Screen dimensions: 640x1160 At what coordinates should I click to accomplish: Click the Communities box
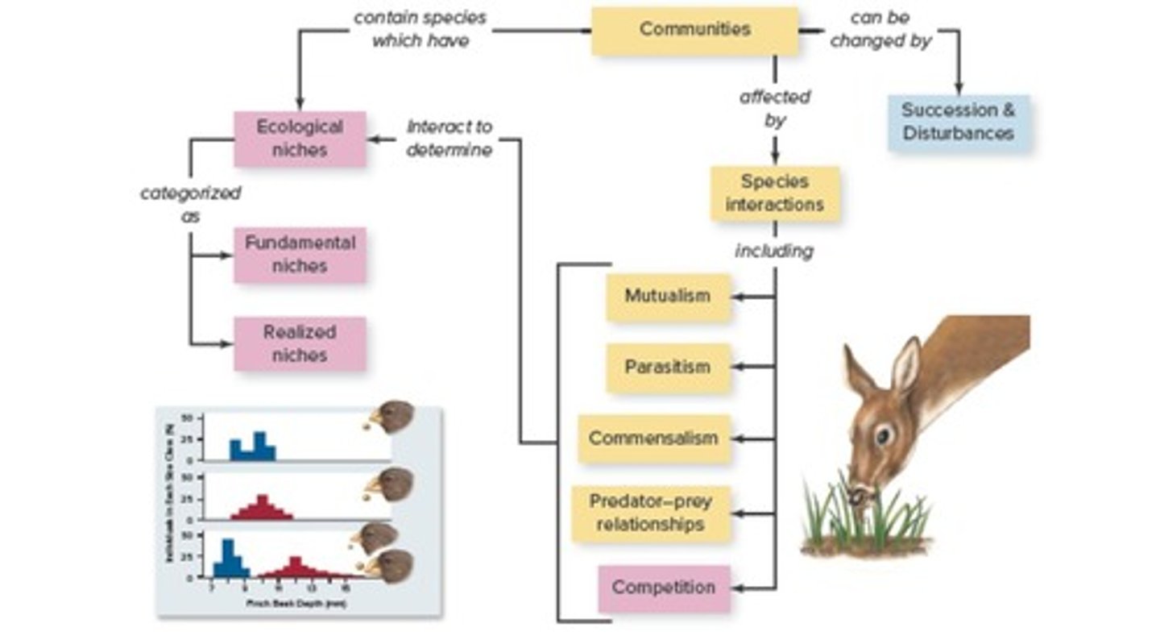pos(694,31)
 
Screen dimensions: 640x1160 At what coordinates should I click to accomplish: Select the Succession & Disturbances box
pos(958,123)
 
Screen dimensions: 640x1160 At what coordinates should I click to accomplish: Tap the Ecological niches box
pos(300,139)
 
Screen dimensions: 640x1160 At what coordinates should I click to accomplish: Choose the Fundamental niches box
pos(300,255)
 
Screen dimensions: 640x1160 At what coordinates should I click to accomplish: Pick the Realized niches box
pos(300,343)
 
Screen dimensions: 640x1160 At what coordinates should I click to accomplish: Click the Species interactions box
pos(774,193)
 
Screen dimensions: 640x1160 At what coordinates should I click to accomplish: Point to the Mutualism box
pos(668,297)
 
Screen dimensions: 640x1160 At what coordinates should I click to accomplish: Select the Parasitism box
pos(668,368)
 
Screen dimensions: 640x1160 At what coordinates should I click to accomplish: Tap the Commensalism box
pos(653,439)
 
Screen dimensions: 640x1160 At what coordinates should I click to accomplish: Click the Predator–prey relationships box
pos(651,513)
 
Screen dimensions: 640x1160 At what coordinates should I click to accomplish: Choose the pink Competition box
pos(664,588)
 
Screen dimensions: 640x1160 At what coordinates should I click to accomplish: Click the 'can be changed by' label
pos(880,30)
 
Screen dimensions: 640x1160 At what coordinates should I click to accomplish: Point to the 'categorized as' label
pos(189,205)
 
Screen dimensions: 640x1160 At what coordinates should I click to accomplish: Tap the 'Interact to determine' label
pos(449,139)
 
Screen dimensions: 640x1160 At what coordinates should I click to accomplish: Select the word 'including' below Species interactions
pos(774,251)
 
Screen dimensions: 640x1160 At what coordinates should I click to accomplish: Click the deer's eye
pos(884,436)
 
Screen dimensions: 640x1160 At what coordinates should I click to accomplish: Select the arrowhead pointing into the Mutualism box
pos(736,297)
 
